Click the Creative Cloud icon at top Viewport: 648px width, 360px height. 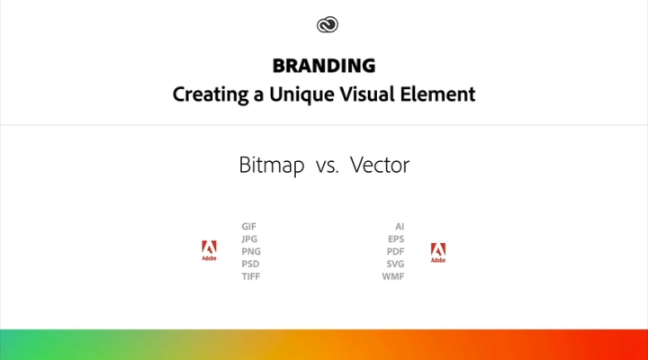point(324,25)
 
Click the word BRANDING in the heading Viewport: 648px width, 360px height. point(324,67)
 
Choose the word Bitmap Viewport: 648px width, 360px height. point(272,166)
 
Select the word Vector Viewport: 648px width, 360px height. point(380,166)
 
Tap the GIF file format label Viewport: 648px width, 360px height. point(249,227)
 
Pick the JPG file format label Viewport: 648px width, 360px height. point(250,239)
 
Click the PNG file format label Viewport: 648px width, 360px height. point(251,252)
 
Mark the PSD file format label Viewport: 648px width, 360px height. point(251,265)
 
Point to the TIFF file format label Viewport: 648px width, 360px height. point(251,277)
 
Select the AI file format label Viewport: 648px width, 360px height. point(400,227)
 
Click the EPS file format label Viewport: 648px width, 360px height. point(396,239)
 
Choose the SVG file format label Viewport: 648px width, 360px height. point(395,265)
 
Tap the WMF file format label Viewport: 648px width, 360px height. point(393,277)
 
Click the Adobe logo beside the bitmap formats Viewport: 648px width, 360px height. point(209,251)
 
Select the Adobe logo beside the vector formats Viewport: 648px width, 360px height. point(438,253)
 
